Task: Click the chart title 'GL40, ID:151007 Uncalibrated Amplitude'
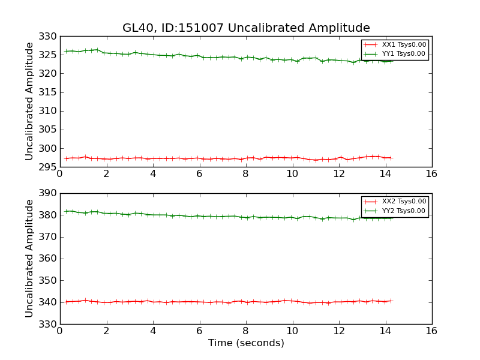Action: point(246,28)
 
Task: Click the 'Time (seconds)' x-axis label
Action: point(246,343)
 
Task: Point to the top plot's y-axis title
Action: point(29,101)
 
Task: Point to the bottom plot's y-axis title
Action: point(29,259)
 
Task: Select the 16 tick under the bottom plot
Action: point(431,331)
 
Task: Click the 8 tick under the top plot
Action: point(245,173)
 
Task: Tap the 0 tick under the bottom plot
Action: point(59,331)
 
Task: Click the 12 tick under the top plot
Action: point(338,173)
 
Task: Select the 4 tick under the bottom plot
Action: point(152,331)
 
